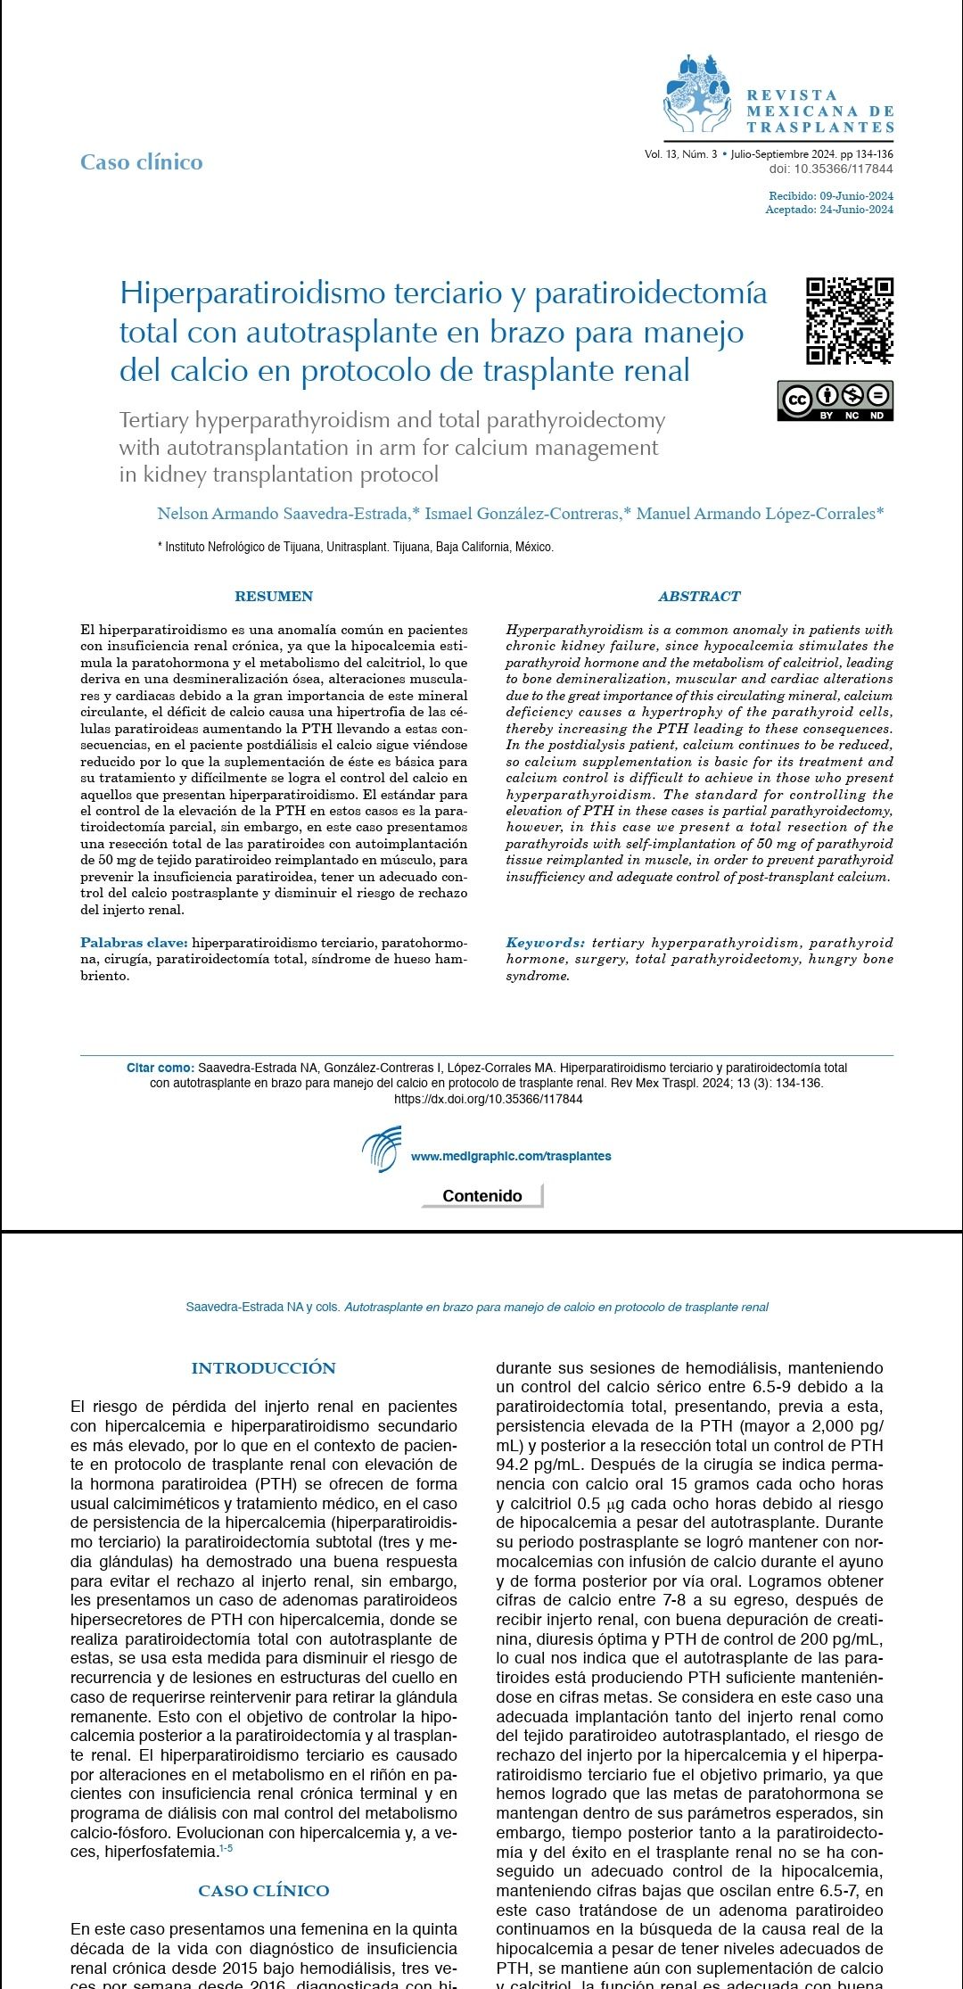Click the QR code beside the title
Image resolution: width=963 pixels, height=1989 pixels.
click(x=849, y=321)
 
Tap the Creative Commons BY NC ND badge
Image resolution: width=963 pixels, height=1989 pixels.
click(x=835, y=400)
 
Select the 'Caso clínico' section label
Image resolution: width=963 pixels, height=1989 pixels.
click(x=142, y=162)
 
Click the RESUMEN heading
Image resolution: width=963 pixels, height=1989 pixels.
click(x=274, y=597)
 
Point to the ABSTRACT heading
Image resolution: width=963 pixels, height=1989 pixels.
click(x=699, y=597)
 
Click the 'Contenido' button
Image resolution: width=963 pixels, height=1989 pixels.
click(x=482, y=1196)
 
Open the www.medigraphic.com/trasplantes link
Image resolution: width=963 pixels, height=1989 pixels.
click(x=511, y=1157)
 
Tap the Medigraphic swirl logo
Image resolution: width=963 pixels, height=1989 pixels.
click(x=382, y=1150)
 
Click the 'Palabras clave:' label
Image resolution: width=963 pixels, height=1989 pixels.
click(x=134, y=943)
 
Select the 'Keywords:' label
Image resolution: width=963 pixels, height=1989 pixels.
click(x=546, y=943)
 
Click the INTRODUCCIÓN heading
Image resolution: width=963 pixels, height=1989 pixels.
click(x=264, y=1368)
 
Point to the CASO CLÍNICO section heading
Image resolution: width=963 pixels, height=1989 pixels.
click(x=264, y=1891)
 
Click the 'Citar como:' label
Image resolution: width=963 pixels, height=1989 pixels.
click(x=160, y=1068)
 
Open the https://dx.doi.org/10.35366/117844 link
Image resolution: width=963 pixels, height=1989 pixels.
click(x=489, y=1100)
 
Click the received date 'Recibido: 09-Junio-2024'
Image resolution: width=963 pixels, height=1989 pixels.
click(x=831, y=196)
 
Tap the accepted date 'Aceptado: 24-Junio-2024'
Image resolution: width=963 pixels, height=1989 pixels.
click(x=829, y=210)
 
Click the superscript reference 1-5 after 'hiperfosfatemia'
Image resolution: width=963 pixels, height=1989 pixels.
click(x=226, y=1849)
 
